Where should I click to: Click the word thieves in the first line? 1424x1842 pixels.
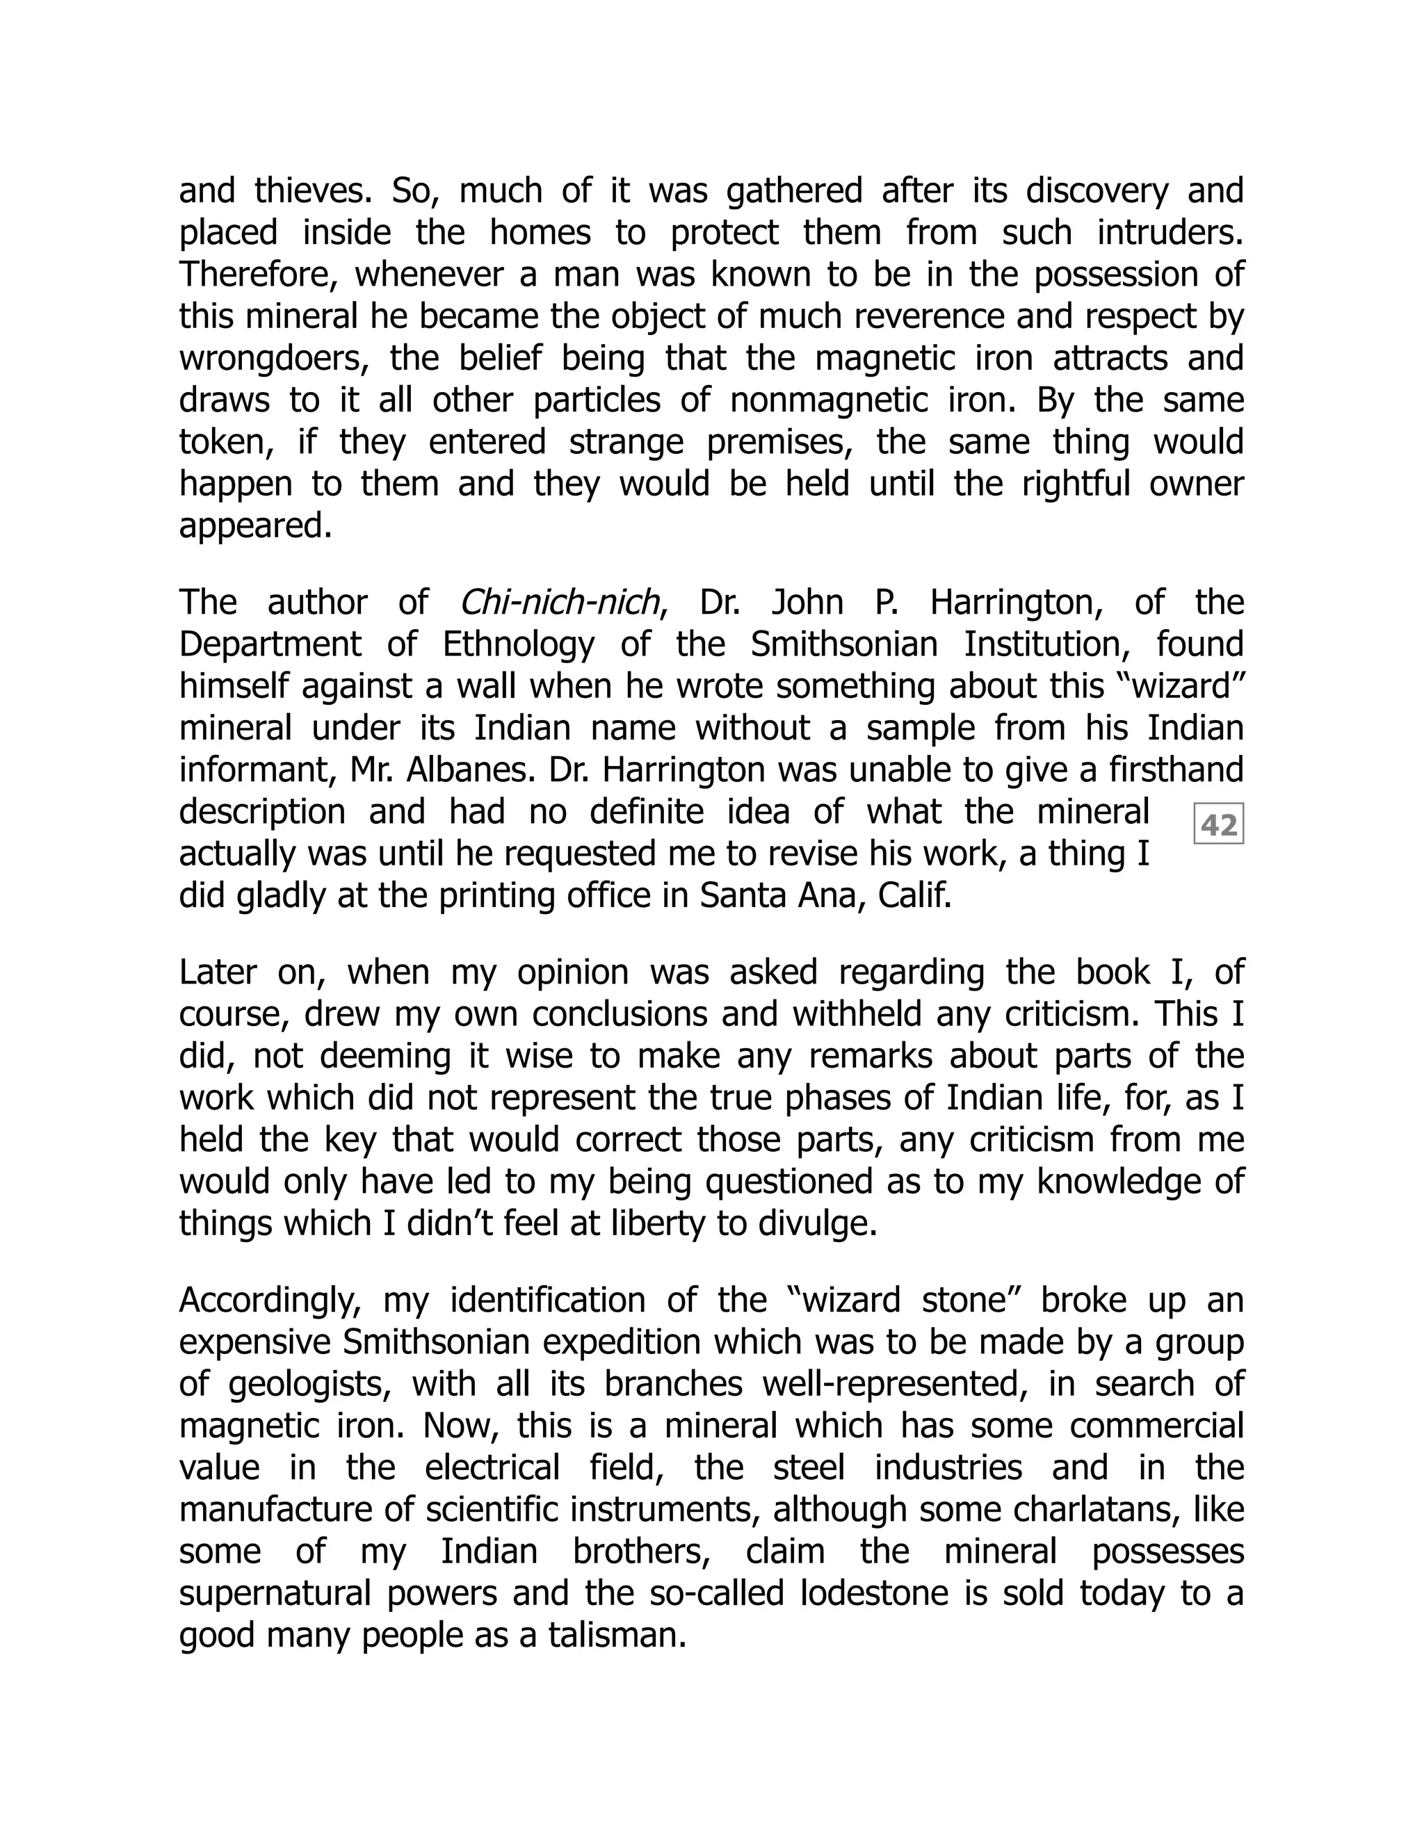point(313,191)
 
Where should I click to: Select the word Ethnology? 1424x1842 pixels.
point(518,645)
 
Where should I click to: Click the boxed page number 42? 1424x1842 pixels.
point(1218,824)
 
